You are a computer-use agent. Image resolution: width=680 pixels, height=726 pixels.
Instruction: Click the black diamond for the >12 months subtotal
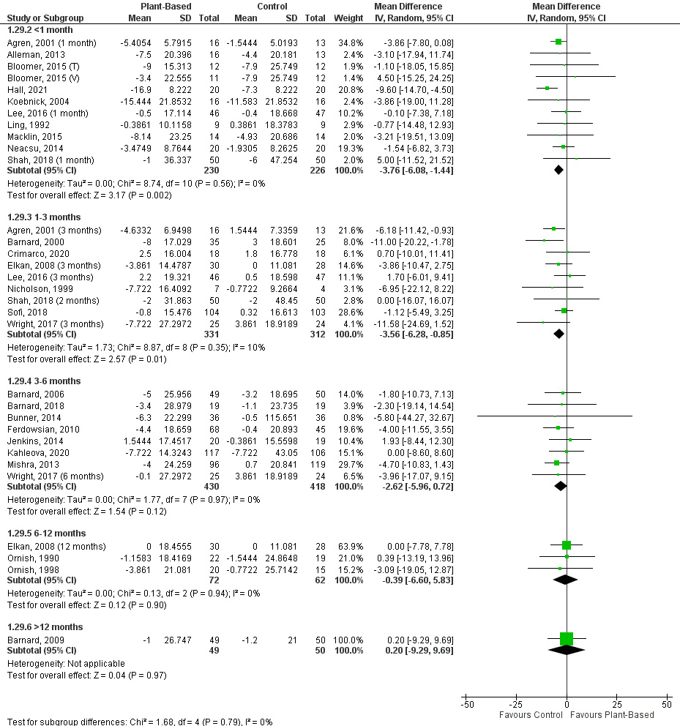pyautogui.click(x=567, y=650)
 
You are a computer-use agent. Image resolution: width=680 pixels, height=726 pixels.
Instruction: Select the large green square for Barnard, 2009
pyautogui.click(x=567, y=639)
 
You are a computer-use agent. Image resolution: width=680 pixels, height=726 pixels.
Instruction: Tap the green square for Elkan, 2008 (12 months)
pyautogui.click(x=567, y=545)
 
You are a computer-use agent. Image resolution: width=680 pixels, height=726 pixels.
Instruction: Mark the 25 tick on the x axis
pyautogui.click(x=616, y=704)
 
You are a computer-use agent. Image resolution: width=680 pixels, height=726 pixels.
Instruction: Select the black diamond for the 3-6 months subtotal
pyautogui.click(x=561, y=485)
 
